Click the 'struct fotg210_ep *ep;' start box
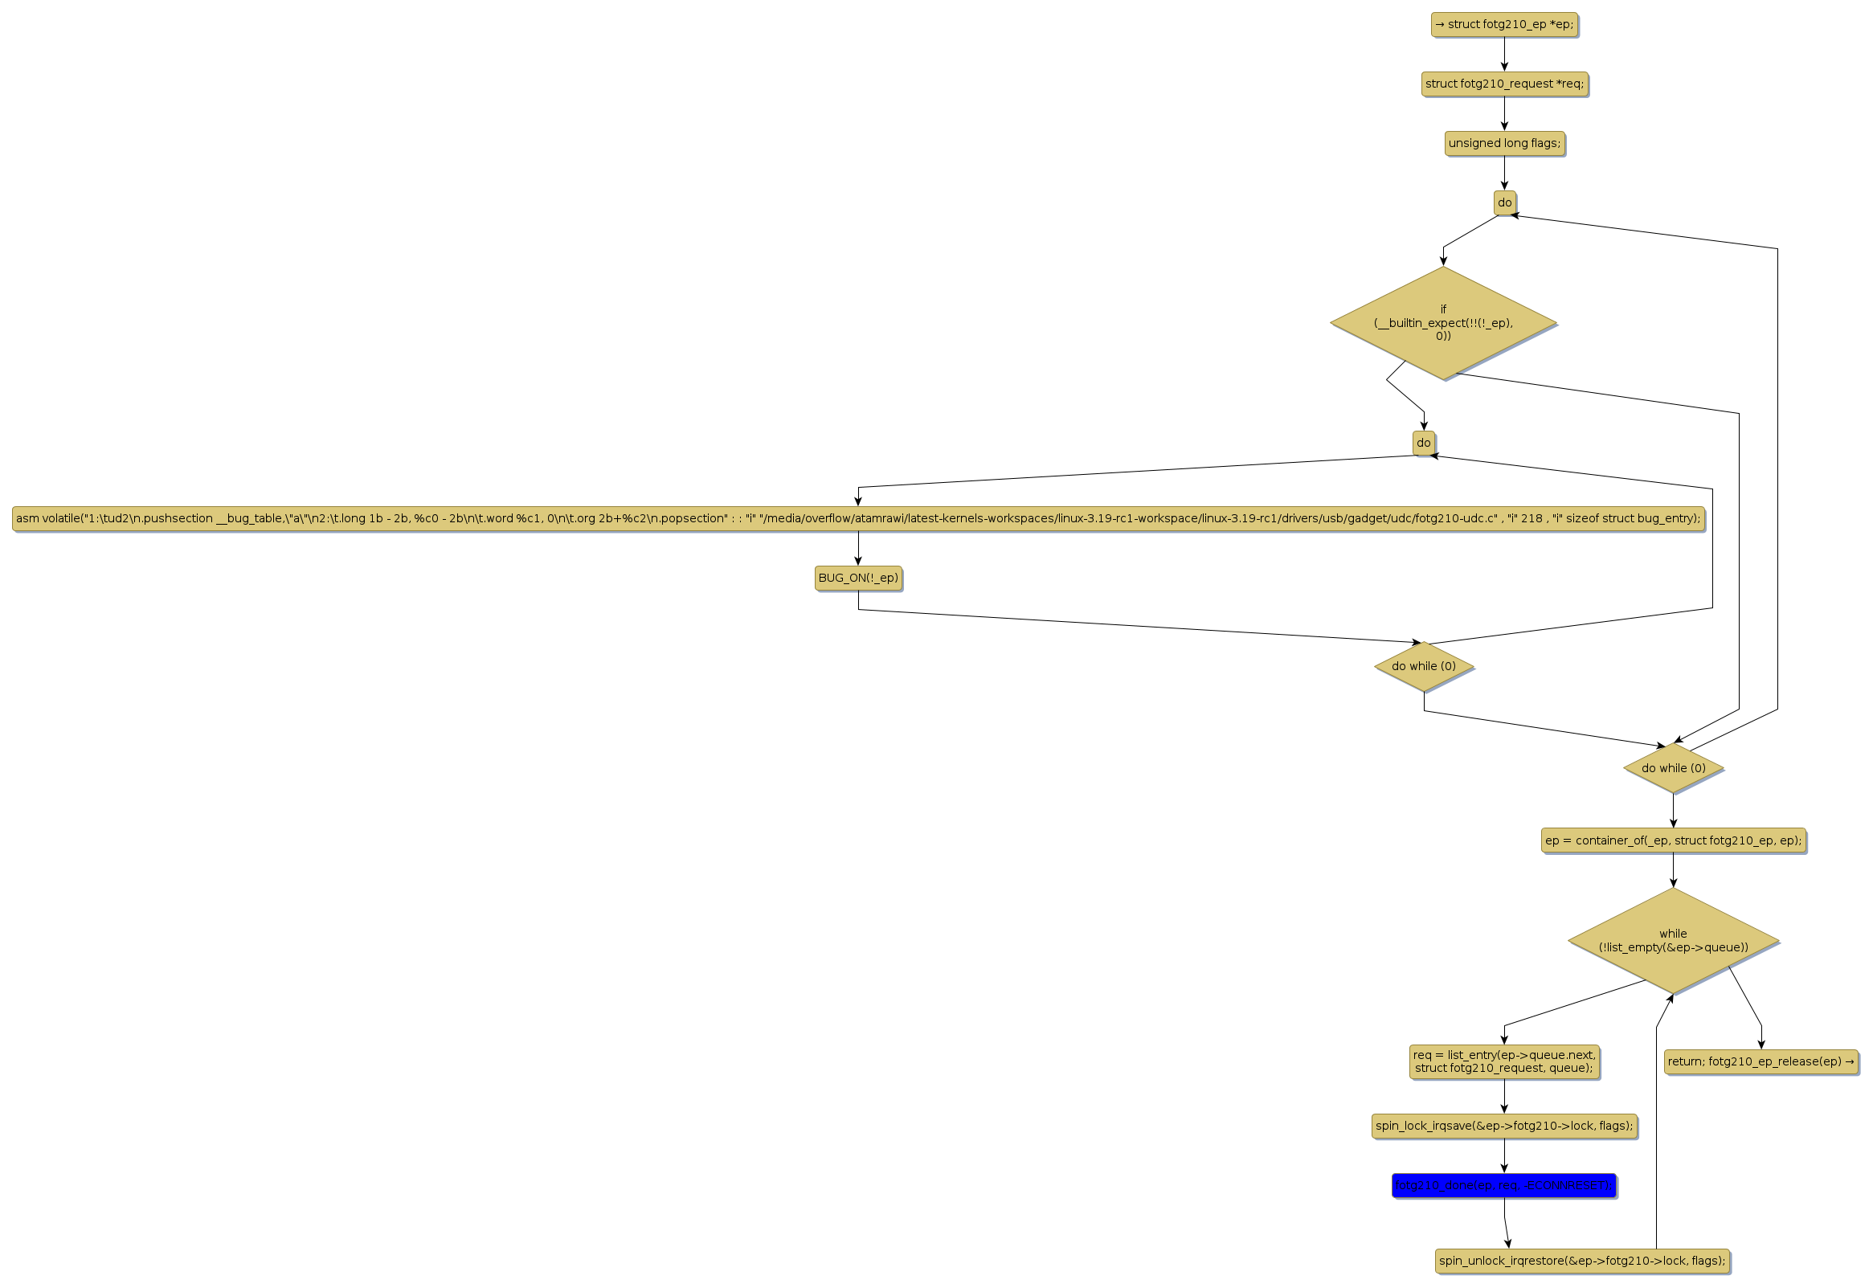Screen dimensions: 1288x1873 [1503, 24]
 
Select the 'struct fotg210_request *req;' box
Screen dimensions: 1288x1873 [1504, 84]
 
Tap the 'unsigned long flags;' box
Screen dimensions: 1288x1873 [1504, 144]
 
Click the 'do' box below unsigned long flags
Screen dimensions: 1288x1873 [1504, 202]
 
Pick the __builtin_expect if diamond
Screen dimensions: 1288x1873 [1443, 323]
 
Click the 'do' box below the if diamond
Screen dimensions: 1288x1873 [1424, 443]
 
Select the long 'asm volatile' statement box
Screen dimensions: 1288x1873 [858, 519]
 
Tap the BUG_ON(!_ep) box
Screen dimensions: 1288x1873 [858, 578]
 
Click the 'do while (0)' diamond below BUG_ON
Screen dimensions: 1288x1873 [1424, 667]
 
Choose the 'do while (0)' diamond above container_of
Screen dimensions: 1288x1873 [1673, 768]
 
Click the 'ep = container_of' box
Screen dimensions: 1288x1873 [1673, 840]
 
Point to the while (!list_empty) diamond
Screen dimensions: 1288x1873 [1673, 941]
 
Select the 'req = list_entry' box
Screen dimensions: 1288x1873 [1504, 1062]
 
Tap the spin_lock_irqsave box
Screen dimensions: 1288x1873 [1504, 1126]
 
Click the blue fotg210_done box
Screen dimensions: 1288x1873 [1504, 1185]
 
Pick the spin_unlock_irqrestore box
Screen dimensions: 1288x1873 [1581, 1261]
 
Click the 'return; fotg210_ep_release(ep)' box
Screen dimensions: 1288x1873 [1761, 1062]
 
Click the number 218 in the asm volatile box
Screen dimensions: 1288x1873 [1531, 519]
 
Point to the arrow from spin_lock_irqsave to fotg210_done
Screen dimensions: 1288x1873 [1504, 1155]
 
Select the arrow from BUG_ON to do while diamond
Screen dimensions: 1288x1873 [1130, 625]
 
